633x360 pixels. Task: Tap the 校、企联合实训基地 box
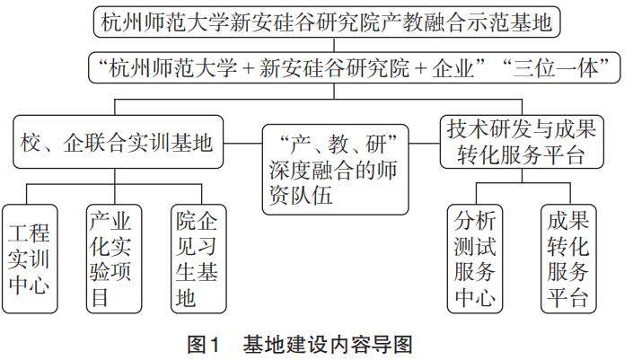click(117, 141)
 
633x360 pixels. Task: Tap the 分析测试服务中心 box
click(476, 259)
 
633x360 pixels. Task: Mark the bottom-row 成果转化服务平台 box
click(567, 259)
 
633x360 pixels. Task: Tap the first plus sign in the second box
click(236, 66)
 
